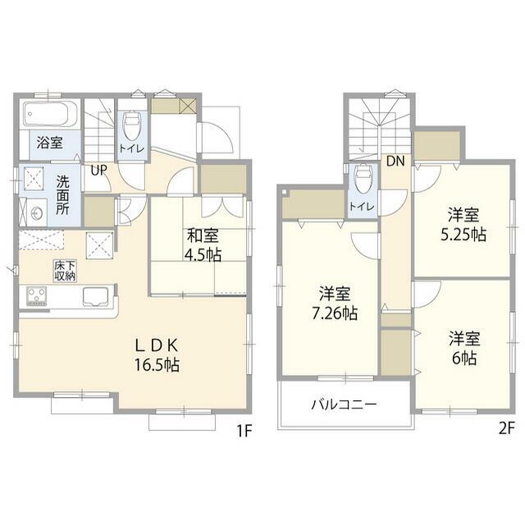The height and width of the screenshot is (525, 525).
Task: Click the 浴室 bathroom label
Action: [49, 143]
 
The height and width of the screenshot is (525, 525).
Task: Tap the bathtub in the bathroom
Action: [50, 114]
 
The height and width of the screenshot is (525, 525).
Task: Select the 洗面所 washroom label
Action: [62, 195]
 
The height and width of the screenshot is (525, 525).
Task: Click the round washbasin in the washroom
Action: [36, 212]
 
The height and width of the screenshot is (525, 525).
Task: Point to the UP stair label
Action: [98, 171]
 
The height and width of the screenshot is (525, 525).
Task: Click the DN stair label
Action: [395, 161]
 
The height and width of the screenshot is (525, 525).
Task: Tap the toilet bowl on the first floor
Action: [131, 126]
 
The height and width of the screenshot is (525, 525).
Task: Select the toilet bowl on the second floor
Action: [363, 180]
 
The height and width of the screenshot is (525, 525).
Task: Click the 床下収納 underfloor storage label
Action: [65, 271]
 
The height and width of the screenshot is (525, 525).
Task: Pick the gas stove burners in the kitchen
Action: [36, 295]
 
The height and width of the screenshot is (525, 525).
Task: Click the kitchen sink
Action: [96, 296]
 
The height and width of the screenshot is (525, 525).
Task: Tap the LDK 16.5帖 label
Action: [157, 355]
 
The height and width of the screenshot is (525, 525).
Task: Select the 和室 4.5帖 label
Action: [203, 244]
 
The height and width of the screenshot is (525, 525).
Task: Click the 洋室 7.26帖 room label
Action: [335, 304]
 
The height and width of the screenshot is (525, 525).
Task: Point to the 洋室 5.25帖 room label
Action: [463, 224]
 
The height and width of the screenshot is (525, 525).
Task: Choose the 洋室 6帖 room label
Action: [464, 348]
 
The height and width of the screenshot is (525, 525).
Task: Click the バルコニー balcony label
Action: [345, 404]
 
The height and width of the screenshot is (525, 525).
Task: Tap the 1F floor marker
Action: [244, 431]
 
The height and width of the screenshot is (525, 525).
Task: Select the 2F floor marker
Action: [507, 428]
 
